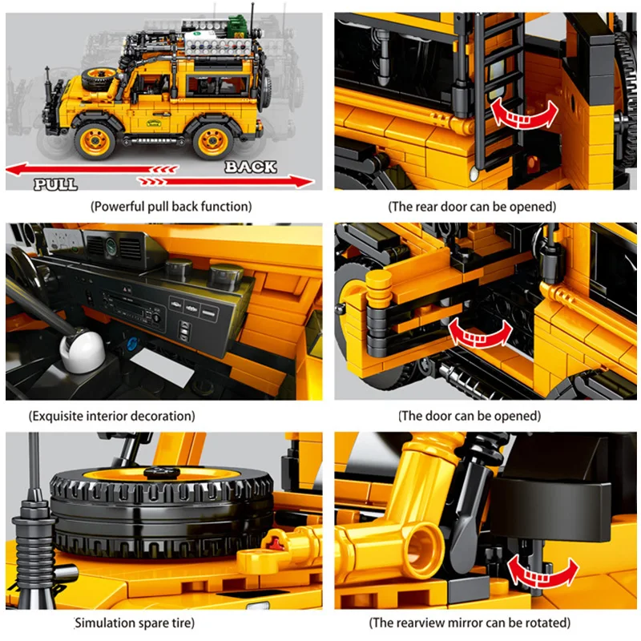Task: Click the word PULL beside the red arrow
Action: pyautogui.click(x=55, y=184)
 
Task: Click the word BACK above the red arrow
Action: pyautogui.click(x=250, y=167)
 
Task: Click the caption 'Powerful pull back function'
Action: pyautogui.click(x=171, y=207)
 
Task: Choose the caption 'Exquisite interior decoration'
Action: pyautogui.click(x=111, y=416)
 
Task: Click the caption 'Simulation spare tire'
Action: pyautogui.click(x=134, y=623)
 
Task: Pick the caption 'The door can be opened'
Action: pyautogui.click(x=470, y=416)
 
